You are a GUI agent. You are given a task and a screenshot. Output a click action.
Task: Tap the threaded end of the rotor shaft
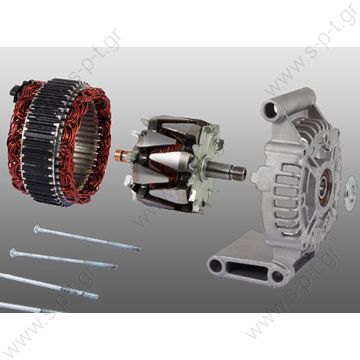(238, 173)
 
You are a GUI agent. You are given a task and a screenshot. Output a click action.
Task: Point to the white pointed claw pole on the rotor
(168, 160)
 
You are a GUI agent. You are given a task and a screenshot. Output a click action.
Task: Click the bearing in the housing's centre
(324, 187)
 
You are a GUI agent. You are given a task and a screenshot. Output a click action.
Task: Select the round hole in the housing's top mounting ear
(271, 111)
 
